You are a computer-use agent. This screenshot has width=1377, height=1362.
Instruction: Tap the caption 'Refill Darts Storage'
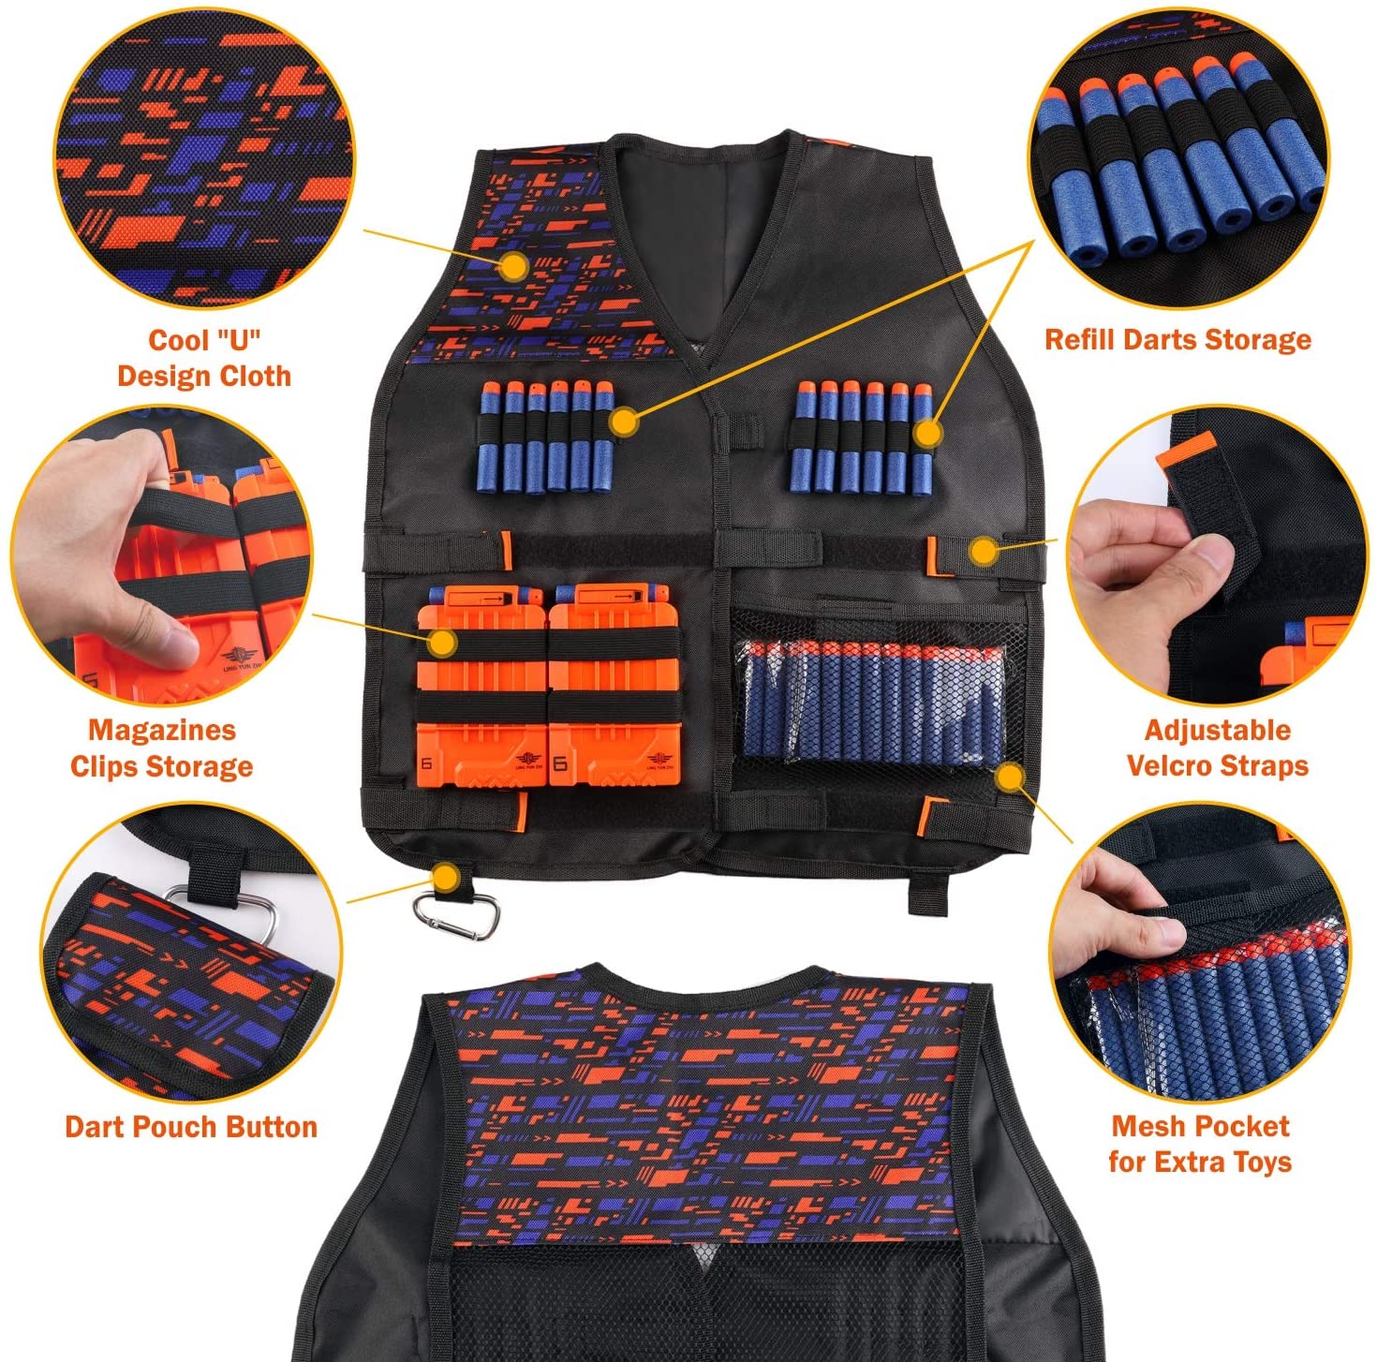(1177, 339)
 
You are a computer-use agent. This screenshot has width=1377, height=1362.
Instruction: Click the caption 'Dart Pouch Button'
(191, 1127)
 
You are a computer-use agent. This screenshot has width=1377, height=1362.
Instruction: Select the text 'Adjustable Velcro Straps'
(1217, 748)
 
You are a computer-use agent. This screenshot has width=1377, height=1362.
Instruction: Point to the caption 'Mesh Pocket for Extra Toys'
(1201, 1144)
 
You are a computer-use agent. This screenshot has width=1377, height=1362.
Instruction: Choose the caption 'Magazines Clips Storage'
(161, 748)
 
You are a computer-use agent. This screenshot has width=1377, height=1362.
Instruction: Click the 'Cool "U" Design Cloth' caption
(204, 357)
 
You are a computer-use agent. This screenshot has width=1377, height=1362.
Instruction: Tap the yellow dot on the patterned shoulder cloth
(513, 267)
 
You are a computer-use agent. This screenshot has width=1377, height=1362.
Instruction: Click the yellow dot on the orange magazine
(443, 643)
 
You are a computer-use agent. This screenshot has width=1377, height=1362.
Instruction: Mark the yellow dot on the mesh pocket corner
(1010, 777)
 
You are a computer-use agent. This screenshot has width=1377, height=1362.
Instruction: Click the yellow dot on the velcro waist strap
(984, 550)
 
